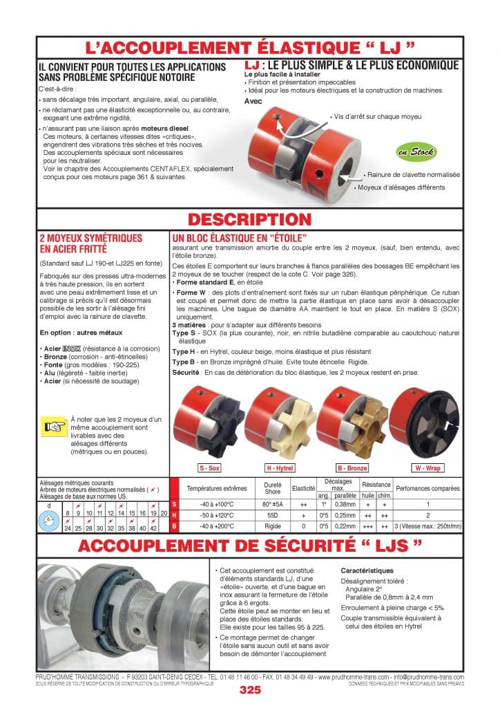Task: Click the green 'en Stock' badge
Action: point(413,151)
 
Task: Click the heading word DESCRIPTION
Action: point(250,220)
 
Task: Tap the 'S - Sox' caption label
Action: point(209,468)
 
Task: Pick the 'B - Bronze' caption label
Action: point(352,468)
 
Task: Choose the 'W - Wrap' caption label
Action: point(427,468)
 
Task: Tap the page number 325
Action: point(249,690)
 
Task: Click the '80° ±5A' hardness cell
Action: point(273,505)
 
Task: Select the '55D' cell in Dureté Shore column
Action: point(273,515)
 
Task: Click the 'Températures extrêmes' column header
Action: point(217,488)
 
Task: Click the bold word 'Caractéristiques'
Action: point(367,570)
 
